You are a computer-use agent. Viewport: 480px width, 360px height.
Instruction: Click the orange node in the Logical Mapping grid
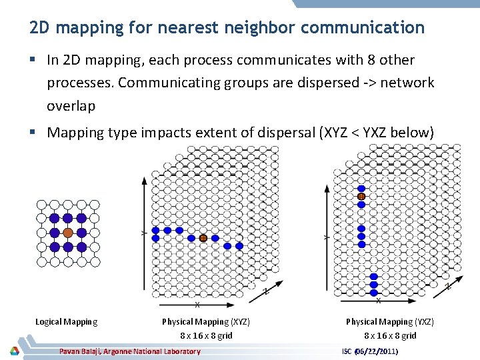(67, 233)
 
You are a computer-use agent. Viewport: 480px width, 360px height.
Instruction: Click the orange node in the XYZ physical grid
(203, 238)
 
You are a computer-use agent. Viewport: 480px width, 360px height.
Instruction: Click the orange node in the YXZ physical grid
(361, 197)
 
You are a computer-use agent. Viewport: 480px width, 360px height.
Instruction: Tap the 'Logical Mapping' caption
(66, 322)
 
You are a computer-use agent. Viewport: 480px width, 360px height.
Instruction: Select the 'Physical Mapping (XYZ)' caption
(206, 322)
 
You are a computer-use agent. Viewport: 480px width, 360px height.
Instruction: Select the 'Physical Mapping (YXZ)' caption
(390, 322)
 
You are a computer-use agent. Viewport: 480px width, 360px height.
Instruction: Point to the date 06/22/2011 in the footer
(378, 351)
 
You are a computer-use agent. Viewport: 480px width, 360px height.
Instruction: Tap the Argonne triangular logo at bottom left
(13, 351)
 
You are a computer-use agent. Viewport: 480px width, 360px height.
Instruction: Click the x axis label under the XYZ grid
(197, 305)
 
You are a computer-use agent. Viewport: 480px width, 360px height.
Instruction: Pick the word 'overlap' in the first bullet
(71, 105)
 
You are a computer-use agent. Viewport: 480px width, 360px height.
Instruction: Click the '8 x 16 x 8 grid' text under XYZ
(206, 335)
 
